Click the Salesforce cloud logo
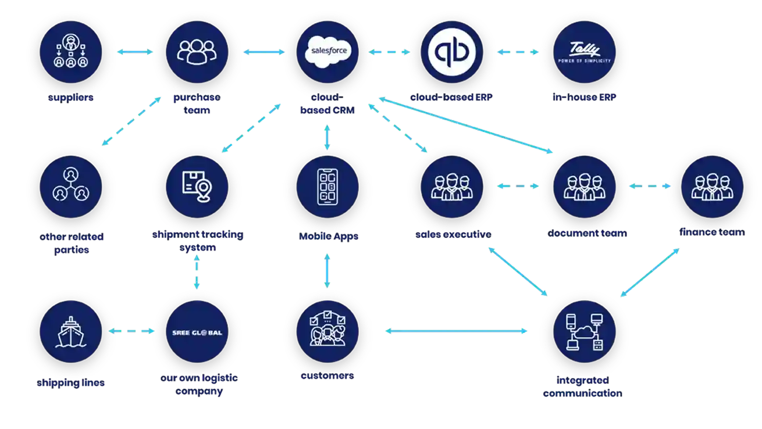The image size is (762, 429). coord(328,51)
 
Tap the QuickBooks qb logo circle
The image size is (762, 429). coord(452,52)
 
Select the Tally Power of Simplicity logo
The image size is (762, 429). coord(584,52)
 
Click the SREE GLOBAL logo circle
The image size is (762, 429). coord(197,332)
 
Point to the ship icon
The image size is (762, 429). coord(71,332)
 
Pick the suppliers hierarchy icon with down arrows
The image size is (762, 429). coord(71,52)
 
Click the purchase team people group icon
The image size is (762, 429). coord(197,52)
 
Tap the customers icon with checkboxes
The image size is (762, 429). coord(328,332)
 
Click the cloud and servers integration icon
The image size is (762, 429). coord(584,332)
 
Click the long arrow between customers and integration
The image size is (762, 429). coord(456,332)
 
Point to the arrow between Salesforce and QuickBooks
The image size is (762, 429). coord(389,52)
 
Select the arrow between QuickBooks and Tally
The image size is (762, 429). coord(518,52)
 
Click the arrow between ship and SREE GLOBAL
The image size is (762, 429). coord(132,332)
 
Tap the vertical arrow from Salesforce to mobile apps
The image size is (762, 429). coord(328,137)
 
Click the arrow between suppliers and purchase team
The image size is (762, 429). coord(135,52)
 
